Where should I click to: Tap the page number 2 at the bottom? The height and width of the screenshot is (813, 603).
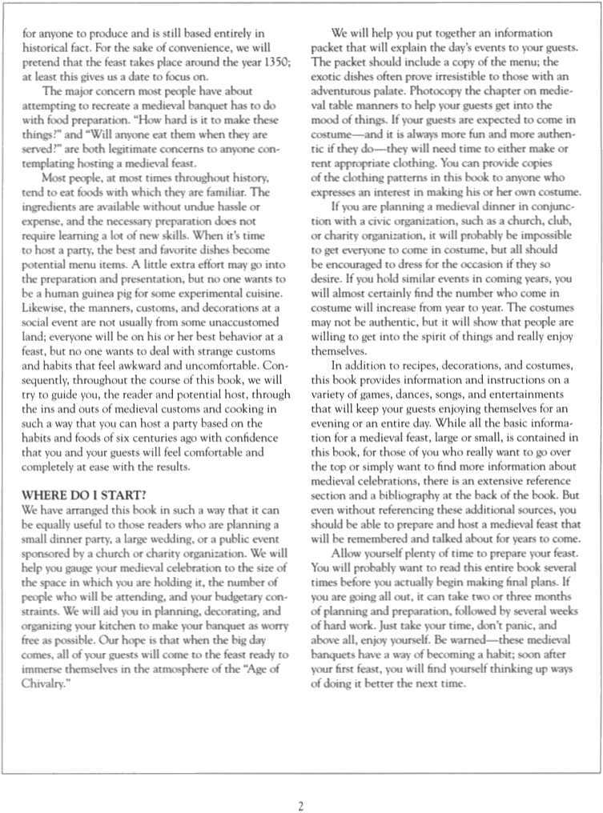click(301, 806)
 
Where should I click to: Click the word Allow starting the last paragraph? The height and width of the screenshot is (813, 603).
click(346, 552)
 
